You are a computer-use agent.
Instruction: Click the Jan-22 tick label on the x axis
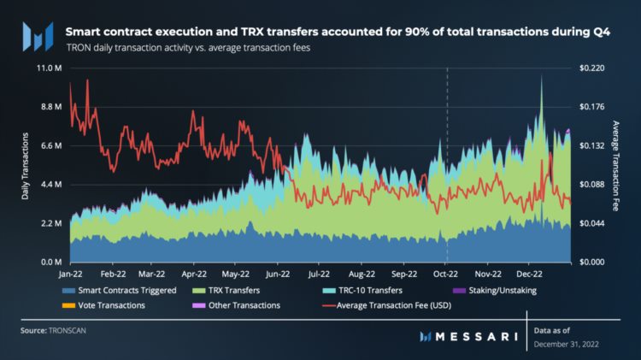pos(70,274)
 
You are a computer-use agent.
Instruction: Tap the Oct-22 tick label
pos(445,274)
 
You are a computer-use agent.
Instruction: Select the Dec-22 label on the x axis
pos(529,274)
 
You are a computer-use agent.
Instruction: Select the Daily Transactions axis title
pos(25,166)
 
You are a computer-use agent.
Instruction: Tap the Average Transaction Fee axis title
pos(615,166)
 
